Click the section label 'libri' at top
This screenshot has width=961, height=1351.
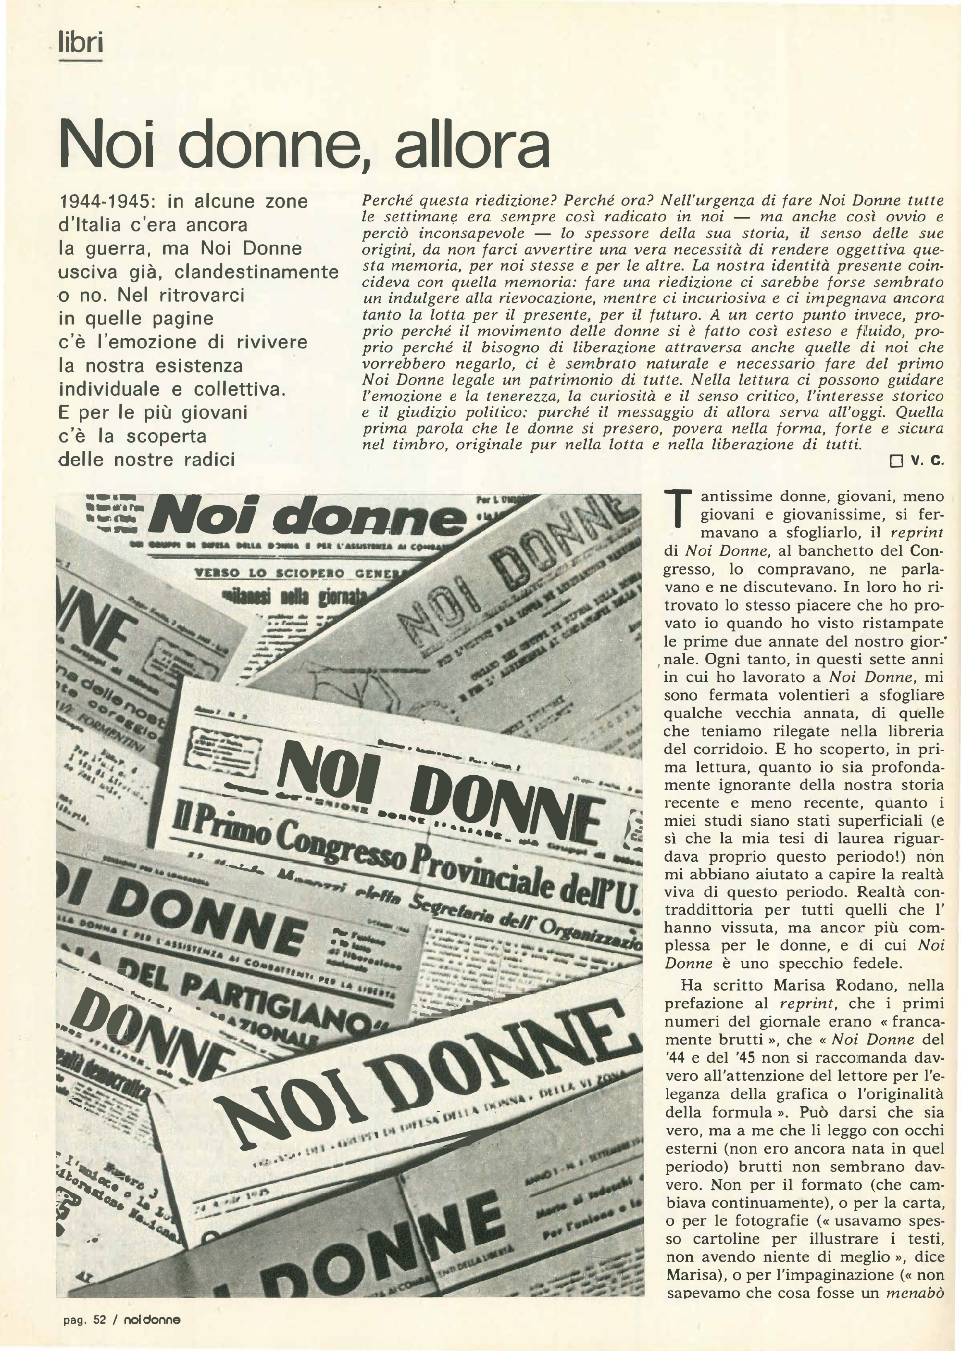(81, 43)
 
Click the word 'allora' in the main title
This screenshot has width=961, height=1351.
(472, 146)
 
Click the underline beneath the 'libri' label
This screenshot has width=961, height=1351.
(81, 60)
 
